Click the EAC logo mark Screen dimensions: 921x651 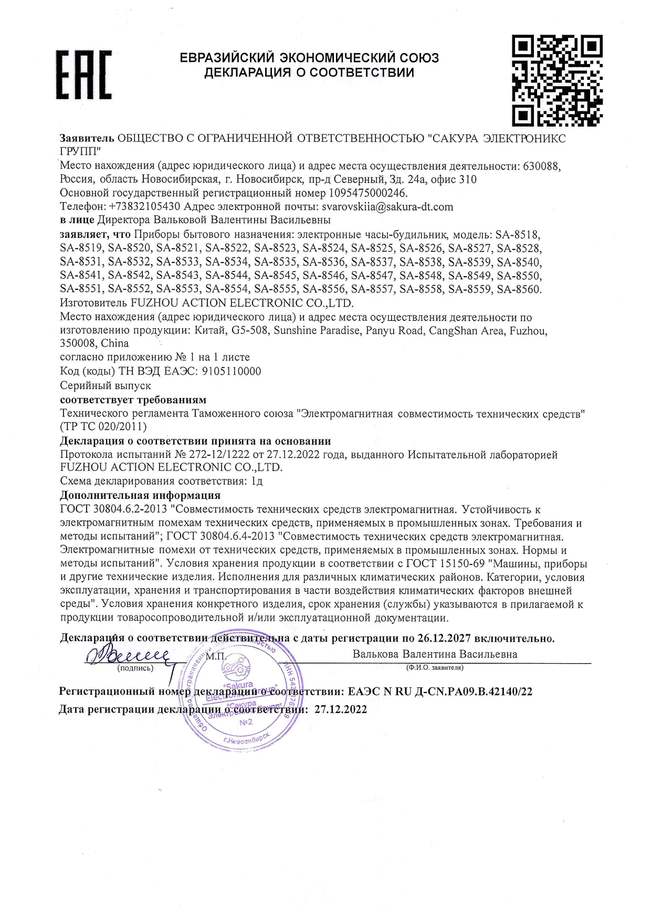(84, 75)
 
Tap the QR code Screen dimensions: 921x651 (556, 80)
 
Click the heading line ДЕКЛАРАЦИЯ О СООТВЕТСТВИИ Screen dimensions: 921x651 (309, 72)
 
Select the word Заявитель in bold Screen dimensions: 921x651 (87, 139)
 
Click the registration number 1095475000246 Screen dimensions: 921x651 (367, 193)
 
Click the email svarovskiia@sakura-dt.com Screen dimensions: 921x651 (387, 207)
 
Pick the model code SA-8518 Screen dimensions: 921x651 (517, 234)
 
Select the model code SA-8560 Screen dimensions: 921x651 (518, 289)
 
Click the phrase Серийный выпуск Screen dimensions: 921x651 (106, 385)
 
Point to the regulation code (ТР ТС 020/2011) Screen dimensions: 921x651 (103, 426)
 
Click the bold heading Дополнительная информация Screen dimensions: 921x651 (140, 495)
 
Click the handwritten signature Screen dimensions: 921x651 (129, 656)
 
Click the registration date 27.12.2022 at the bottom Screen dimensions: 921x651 (341, 710)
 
